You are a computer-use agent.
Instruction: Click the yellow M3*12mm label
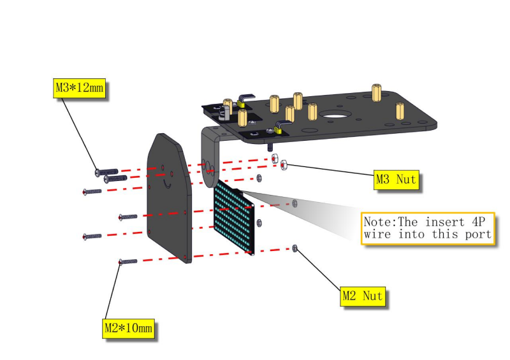(x=79, y=88)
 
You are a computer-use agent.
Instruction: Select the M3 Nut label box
(x=396, y=180)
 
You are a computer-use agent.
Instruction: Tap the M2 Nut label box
(x=363, y=296)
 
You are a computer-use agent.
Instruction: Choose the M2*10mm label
(x=129, y=328)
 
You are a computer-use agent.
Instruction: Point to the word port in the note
(x=478, y=234)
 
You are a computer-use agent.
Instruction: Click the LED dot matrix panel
(x=234, y=217)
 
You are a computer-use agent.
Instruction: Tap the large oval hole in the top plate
(x=335, y=115)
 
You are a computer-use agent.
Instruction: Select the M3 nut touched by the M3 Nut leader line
(x=284, y=164)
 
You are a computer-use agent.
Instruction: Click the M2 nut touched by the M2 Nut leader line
(x=295, y=248)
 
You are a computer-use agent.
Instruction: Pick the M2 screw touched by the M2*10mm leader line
(x=128, y=261)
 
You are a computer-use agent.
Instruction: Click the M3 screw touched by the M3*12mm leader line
(x=106, y=171)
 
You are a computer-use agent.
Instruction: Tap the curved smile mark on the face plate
(x=167, y=184)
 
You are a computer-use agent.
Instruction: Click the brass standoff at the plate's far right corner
(x=400, y=111)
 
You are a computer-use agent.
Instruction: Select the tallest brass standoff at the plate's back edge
(x=377, y=92)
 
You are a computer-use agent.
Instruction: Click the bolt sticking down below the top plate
(x=270, y=147)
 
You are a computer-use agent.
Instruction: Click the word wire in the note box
(x=377, y=234)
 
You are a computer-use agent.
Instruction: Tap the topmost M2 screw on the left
(x=92, y=192)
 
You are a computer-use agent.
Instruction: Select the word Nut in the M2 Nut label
(x=372, y=296)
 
